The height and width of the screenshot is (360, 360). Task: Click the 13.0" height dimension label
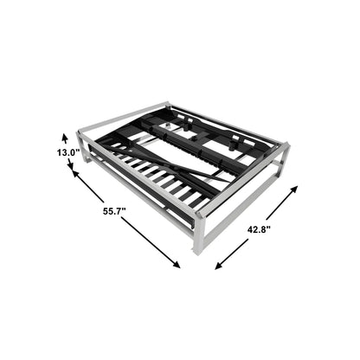coord(68,152)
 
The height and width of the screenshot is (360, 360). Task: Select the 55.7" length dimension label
coord(114,211)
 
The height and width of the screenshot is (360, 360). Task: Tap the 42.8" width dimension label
coord(259,229)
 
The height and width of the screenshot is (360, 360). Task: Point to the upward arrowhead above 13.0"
coord(65,138)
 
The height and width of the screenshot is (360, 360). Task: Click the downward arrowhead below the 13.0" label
coord(70,165)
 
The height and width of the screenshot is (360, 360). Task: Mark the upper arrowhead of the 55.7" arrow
coord(76,175)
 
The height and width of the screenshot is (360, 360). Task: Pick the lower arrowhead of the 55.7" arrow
coord(176,263)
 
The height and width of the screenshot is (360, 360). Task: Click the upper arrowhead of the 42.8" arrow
coord(293,190)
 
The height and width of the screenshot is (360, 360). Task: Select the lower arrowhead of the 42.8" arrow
coord(219,266)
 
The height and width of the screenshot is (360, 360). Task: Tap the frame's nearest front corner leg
coord(199,235)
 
